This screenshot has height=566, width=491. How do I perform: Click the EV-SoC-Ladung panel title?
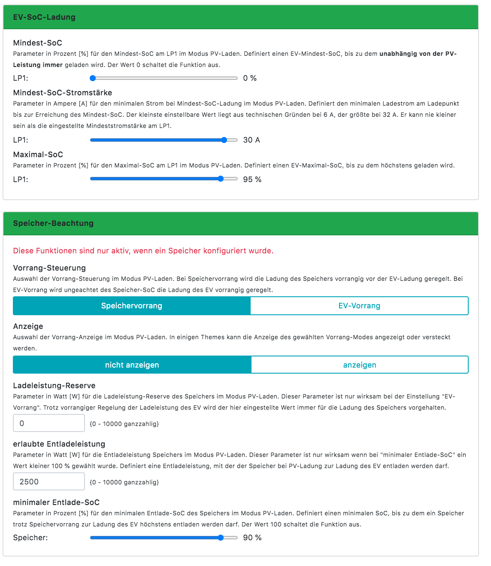pos(44,17)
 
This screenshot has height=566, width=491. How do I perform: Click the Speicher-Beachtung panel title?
pos(53,223)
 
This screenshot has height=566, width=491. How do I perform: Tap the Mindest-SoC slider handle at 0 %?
pos(93,78)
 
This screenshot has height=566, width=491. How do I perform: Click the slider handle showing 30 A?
pos(224,140)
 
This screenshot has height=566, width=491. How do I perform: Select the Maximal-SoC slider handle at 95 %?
pos(221,179)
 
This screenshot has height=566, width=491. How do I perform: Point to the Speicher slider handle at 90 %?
pos(221,538)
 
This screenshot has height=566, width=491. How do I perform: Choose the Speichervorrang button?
pos(132,306)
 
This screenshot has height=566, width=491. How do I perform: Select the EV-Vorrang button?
pos(359,306)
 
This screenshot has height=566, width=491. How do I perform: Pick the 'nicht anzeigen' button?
pos(132,365)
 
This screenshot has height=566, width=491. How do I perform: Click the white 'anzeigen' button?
pos(360,365)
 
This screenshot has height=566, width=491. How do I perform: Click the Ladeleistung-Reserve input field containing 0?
pos(49,423)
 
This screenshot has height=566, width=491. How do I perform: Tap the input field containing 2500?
pos(49,482)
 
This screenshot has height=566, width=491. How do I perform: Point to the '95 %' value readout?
pos(252,180)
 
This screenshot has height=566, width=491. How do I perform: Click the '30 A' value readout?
pos(252,140)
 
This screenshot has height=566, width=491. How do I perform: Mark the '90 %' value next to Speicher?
pos(252,538)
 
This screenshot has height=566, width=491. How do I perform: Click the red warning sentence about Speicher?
pos(143,251)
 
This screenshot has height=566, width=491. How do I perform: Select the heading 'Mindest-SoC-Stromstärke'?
pos(63,93)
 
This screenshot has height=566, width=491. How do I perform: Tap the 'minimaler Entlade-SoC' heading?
pos(56,502)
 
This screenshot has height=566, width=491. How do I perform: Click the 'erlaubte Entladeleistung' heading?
pos(59,444)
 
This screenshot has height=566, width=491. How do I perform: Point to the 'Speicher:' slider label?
pos(30,538)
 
